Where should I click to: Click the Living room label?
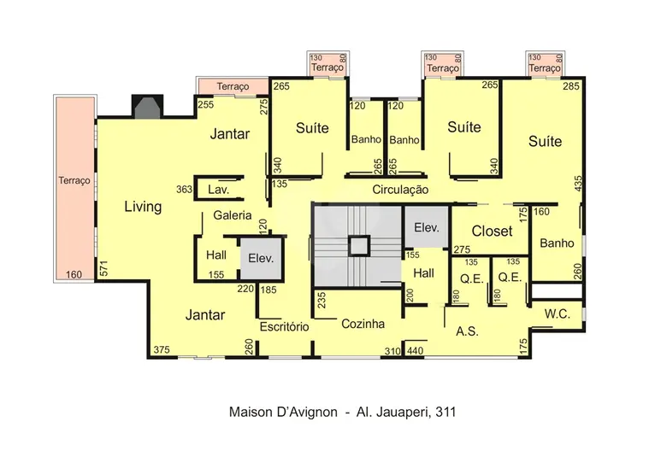pos(143,207)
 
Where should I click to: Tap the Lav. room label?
pos(218,190)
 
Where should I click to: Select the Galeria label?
pos(233,215)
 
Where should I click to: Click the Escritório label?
pos(285,326)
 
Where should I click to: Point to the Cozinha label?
pos(363,324)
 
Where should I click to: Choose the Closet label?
pos(492,231)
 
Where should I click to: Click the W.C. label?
pos(558,313)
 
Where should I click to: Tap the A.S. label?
pos(467,331)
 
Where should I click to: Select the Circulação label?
pos(400,190)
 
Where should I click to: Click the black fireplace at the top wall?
pos(147,106)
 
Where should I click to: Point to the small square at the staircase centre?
pos(358,246)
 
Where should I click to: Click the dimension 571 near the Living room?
pos(104,268)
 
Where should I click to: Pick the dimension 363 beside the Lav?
pos(184,190)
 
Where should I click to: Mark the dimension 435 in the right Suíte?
pos(578,184)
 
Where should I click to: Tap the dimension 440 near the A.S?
pos(415,351)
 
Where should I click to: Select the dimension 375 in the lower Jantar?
pos(162,349)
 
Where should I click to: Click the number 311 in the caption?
pos(446,413)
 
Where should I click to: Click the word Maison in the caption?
pos(250,413)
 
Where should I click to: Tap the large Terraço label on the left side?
pos(74,181)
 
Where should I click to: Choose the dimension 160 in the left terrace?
pos(74,274)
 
